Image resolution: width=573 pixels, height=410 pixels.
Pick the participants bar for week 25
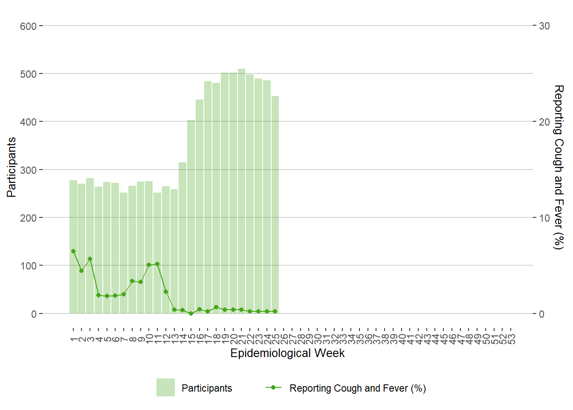click(x=275, y=205)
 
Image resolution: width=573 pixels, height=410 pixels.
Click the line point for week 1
click(x=73, y=251)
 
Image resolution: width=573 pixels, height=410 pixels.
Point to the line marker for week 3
click(x=90, y=259)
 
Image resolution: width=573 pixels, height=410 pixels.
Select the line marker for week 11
click(x=157, y=264)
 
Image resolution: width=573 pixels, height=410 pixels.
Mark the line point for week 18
click(x=216, y=307)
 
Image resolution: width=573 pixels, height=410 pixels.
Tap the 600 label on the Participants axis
click(x=28, y=26)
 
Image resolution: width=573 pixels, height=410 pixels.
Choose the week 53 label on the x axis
click(x=511, y=339)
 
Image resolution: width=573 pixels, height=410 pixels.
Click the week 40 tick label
click(x=402, y=339)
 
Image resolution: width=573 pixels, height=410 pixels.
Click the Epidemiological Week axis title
click(x=287, y=353)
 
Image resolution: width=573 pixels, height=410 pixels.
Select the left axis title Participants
click(x=12, y=167)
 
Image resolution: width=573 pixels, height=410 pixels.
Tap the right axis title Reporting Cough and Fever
click(x=558, y=167)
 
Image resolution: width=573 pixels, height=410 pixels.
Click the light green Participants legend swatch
click(x=165, y=387)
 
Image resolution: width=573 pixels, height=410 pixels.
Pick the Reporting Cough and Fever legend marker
click(x=273, y=387)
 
